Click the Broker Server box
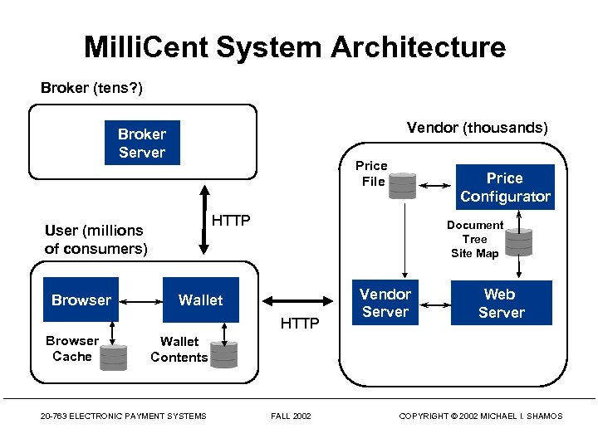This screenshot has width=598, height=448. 142,144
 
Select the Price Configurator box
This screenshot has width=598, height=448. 505,187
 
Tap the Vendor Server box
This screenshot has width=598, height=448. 385,303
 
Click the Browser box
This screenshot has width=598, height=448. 81,299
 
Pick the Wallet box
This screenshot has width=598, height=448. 200,299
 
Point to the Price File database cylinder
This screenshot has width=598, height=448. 403,186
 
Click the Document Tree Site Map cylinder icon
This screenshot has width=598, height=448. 519,241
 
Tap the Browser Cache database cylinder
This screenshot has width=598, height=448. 113,356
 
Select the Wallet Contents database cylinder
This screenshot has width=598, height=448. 223,355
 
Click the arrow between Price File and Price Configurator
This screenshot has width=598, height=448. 435,187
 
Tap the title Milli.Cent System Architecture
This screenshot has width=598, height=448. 295,46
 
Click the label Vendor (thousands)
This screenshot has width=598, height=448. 477,127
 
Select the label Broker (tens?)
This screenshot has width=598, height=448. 91,87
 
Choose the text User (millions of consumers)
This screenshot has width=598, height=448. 96,239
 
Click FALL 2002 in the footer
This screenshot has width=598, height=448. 291,416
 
